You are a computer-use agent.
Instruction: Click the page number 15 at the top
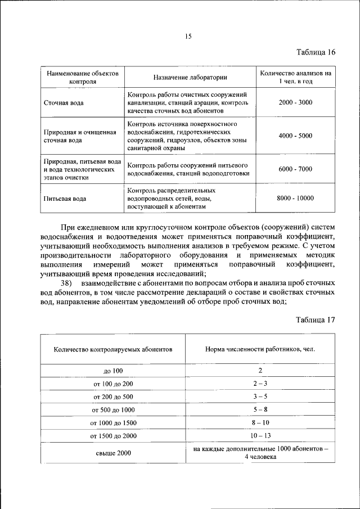click(188, 37)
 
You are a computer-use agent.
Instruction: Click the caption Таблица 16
click(316, 52)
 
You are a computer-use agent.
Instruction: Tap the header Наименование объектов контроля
click(83, 77)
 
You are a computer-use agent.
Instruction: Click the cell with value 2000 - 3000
click(295, 102)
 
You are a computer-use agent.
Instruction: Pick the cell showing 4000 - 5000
click(295, 136)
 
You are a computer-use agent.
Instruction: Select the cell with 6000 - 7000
click(295, 169)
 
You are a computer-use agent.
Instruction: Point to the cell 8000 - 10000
click(295, 198)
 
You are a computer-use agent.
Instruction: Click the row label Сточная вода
click(64, 103)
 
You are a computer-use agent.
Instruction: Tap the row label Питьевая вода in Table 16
click(65, 199)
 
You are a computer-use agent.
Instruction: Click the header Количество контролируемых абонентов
click(112, 349)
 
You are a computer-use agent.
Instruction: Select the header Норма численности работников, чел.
click(260, 349)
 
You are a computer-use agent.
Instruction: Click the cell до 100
click(112, 371)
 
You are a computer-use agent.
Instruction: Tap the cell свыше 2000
click(112, 453)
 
